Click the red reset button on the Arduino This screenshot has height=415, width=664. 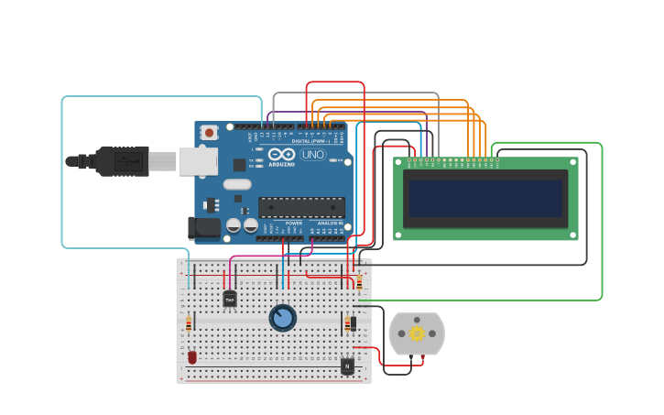coord(209,133)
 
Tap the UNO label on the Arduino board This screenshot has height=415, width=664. coord(313,154)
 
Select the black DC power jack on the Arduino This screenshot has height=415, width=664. coord(203,226)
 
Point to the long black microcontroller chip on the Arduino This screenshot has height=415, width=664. coord(301,206)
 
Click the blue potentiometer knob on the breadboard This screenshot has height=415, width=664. coord(283,318)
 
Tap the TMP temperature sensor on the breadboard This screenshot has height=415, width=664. coord(230,299)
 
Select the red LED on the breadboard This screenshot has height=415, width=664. coord(191,356)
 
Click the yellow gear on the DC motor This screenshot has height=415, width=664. coord(417,333)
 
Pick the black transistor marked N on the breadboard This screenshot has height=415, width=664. coord(347,366)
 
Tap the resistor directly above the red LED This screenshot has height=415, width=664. coord(189,323)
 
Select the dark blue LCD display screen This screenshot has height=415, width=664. coord(485,198)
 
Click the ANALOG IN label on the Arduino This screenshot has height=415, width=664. coord(331,223)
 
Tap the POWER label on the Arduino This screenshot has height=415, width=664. coord(294,223)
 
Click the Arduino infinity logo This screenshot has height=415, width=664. coord(283,154)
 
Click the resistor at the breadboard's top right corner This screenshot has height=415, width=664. coord(359,283)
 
